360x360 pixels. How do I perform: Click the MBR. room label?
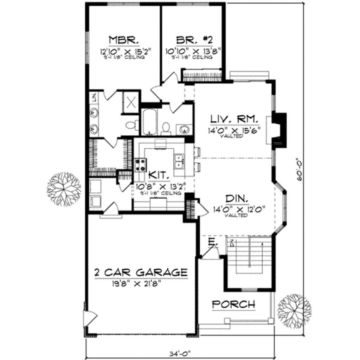click(x=121, y=39)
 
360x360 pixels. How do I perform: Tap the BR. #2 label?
click(x=193, y=39)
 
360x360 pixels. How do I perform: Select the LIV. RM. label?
click(x=234, y=119)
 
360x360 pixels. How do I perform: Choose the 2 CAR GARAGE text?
click(x=140, y=272)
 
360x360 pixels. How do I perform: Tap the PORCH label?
click(x=234, y=304)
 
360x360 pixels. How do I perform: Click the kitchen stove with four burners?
click(x=141, y=165)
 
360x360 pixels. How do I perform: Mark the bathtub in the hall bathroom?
click(x=150, y=122)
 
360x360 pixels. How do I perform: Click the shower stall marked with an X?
click(x=131, y=102)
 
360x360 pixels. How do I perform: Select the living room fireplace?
click(x=278, y=129)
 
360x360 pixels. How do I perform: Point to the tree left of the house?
click(x=64, y=189)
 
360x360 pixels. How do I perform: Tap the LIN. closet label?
click(x=94, y=97)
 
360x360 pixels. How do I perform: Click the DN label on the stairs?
click(x=232, y=242)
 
